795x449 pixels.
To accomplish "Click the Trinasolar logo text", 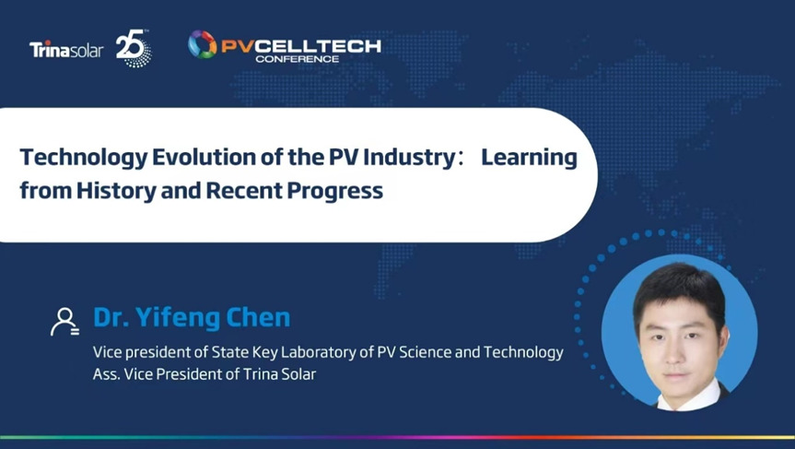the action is point(66,50).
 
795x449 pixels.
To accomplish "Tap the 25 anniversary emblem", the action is point(134,49).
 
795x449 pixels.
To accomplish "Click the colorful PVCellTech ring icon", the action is point(203,44).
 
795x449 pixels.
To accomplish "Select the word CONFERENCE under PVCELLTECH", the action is point(298,59).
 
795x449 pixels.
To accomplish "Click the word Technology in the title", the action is point(83,158).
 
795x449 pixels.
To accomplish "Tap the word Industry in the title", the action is point(410,158).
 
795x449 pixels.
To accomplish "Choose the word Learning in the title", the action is point(530,158).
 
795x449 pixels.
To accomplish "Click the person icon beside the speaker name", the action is point(64,322).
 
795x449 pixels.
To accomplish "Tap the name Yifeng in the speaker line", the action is point(177,318).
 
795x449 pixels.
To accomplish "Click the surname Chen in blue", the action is point(258,317).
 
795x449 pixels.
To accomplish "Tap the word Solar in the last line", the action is point(299,374).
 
